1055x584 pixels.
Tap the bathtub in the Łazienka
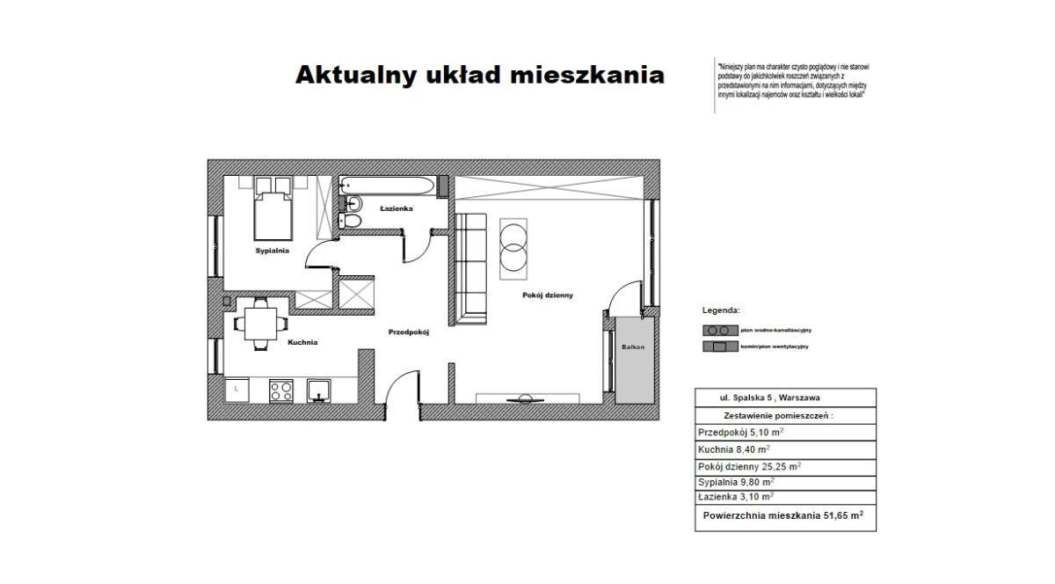click(x=387, y=185)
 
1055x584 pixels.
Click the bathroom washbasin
click(x=346, y=202)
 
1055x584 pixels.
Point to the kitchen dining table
click(x=258, y=323)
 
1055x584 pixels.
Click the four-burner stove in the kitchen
click(x=281, y=389)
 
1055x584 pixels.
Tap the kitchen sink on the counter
click(x=318, y=389)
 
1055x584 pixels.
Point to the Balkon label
click(x=633, y=347)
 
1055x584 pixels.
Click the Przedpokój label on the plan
click(x=407, y=332)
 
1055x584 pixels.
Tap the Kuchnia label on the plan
click(x=302, y=341)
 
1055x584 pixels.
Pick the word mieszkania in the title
click(x=586, y=75)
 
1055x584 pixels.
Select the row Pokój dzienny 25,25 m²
click(x=749, y=466)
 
